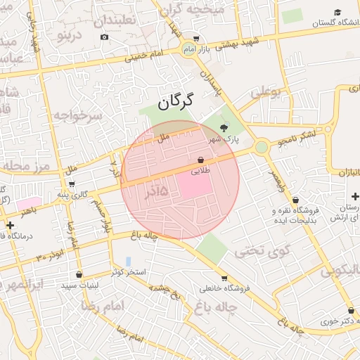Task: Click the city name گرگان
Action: point(175,103)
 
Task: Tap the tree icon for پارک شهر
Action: point(224,127)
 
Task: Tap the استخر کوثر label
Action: point(127,271)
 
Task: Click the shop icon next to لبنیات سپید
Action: point(79,274)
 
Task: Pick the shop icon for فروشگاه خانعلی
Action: point(224,278)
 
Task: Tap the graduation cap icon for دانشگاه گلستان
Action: point(338,13)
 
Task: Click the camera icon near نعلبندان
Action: point(105,37)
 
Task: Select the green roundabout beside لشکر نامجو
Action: point(262,147)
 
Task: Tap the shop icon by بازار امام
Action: point(196,39)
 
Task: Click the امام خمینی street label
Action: point(143,56)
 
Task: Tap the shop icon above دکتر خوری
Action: point(350,310)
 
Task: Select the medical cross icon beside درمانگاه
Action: point(10,225)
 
